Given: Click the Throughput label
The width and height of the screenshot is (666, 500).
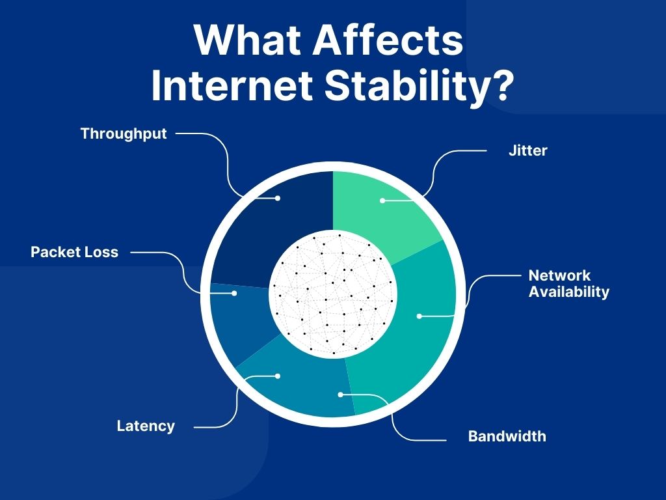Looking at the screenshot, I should point(124,133).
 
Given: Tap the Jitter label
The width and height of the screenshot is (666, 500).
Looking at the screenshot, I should point(527,150).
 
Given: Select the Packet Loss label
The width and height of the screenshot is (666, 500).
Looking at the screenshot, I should point(75,252).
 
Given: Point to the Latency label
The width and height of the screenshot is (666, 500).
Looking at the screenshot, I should point(146,426).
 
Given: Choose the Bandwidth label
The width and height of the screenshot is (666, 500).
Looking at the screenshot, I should point(507,436).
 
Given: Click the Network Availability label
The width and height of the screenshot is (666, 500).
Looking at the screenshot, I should point(568,283).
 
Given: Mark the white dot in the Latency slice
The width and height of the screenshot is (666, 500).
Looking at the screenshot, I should point(278,376).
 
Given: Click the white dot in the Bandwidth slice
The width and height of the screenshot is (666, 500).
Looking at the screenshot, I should point(340,394).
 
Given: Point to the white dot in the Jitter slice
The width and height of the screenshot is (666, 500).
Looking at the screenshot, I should point(382,201).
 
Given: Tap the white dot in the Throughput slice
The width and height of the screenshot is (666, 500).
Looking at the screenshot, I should point(278,197).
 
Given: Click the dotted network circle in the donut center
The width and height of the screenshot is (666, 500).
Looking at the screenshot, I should point(333,294).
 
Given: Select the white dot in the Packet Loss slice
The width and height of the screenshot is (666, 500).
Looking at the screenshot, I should point(234,293).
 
